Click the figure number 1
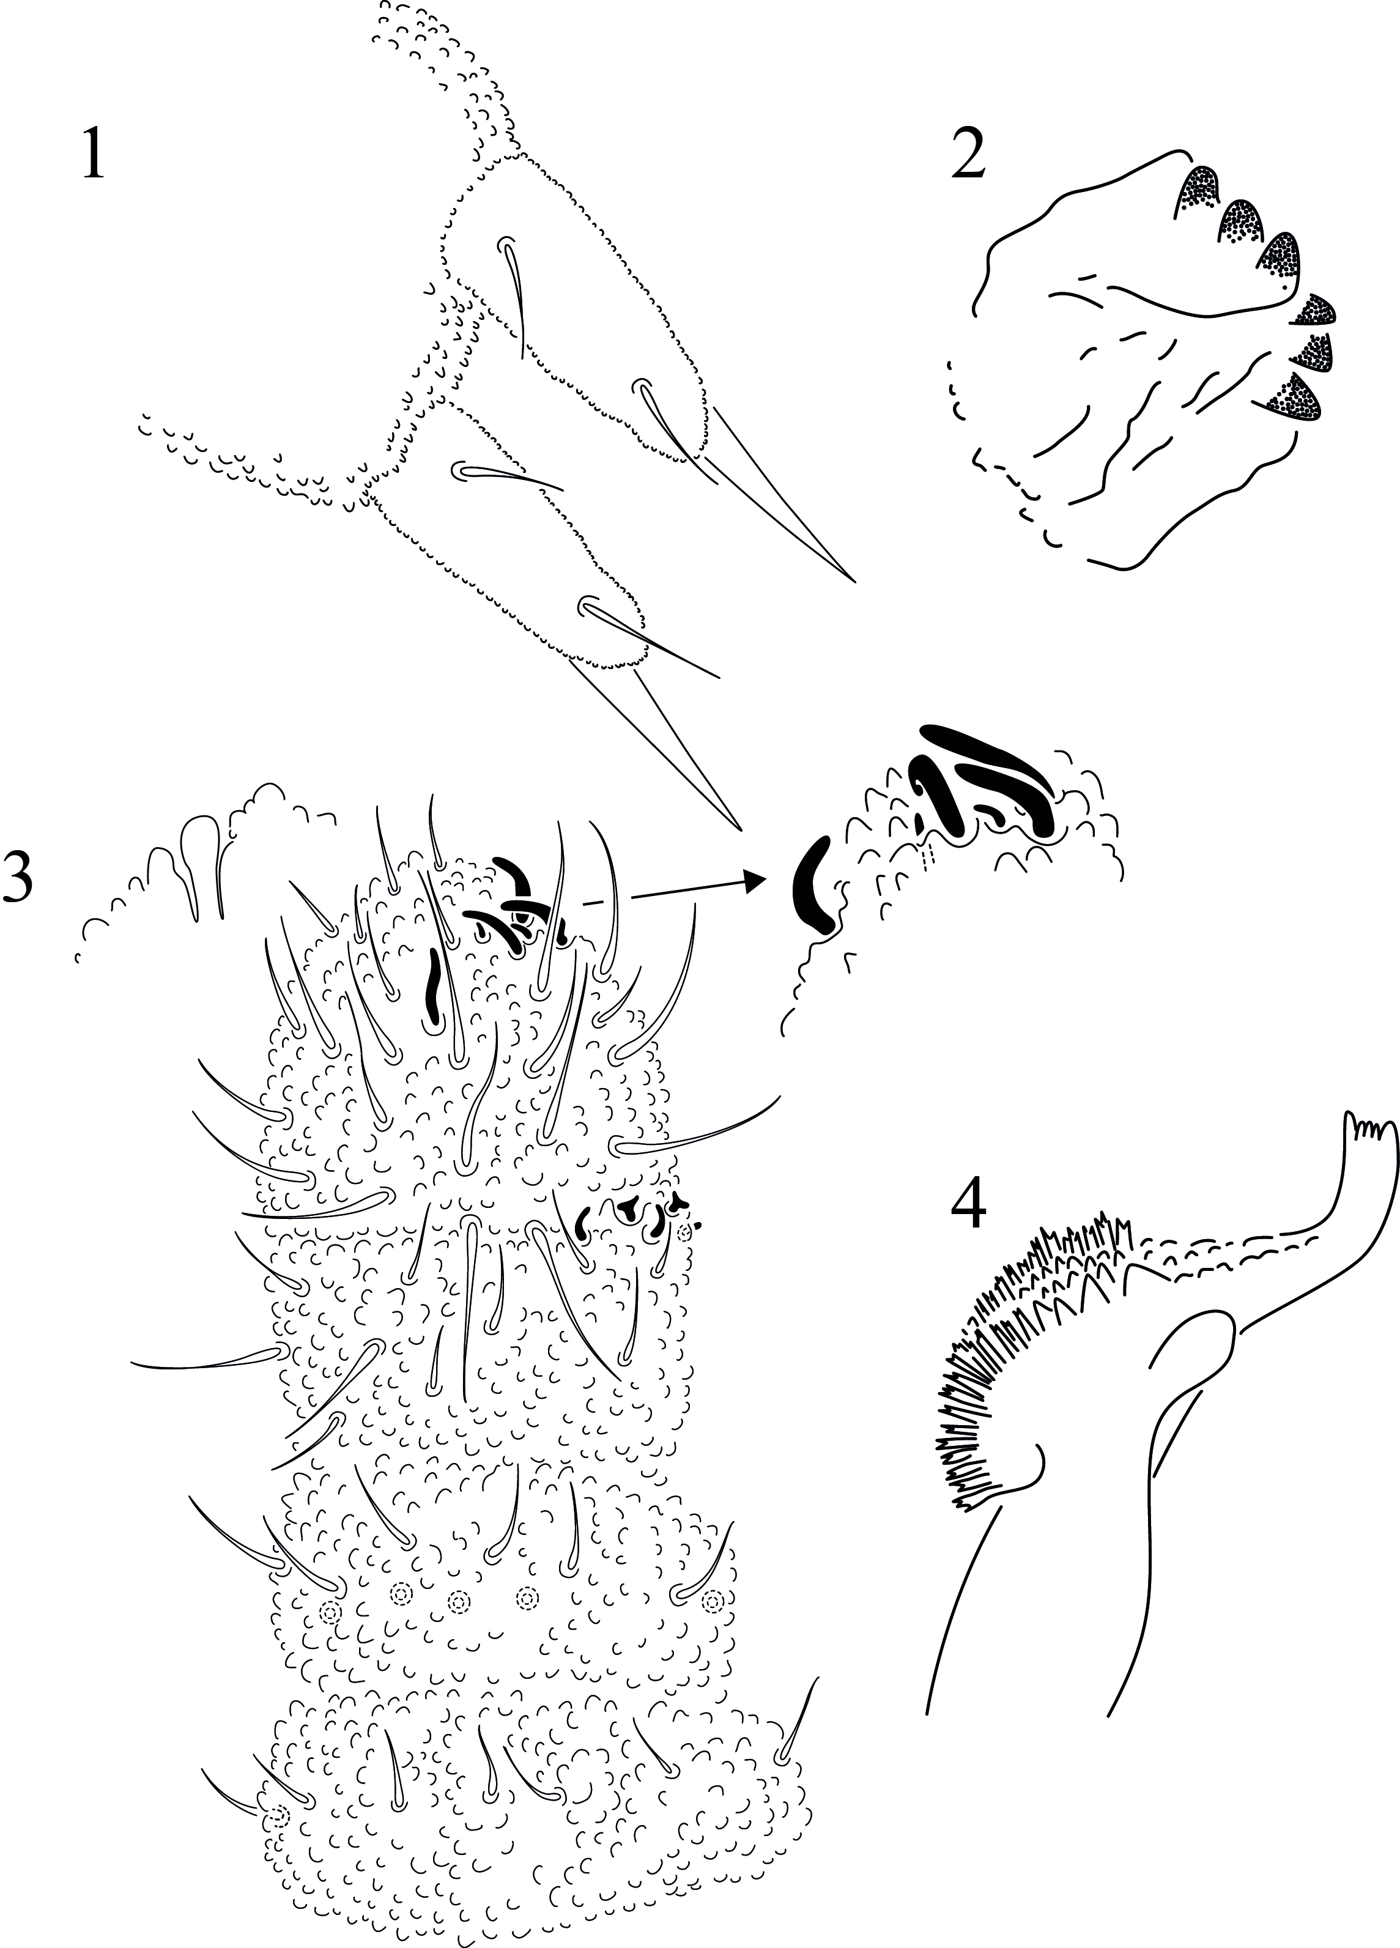click(x=93, y=154)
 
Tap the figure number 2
click(x=968, y=154)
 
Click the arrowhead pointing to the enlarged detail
click(x=754, y=879)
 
